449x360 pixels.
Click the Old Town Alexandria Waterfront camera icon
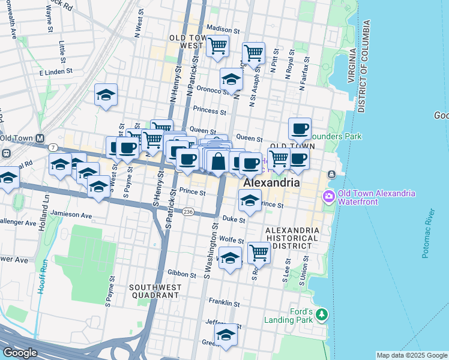click(x=328, y=196)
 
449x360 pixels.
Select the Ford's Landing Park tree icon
click(x=322, y=314)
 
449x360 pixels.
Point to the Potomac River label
click(x=427, y=234)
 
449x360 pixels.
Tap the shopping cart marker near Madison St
click(x=217, y=45)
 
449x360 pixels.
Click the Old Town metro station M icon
click(x=40, y=137)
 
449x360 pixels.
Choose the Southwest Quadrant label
click(x=154, y=292)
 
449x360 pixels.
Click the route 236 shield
click(x=188, y=212)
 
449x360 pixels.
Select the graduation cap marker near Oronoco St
click(x=231, y=79)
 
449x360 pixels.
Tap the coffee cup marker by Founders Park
click(x=300, y=128)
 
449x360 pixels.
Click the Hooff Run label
click(x=41, y=275)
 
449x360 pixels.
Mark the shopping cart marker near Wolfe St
click(x=259, y=252)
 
